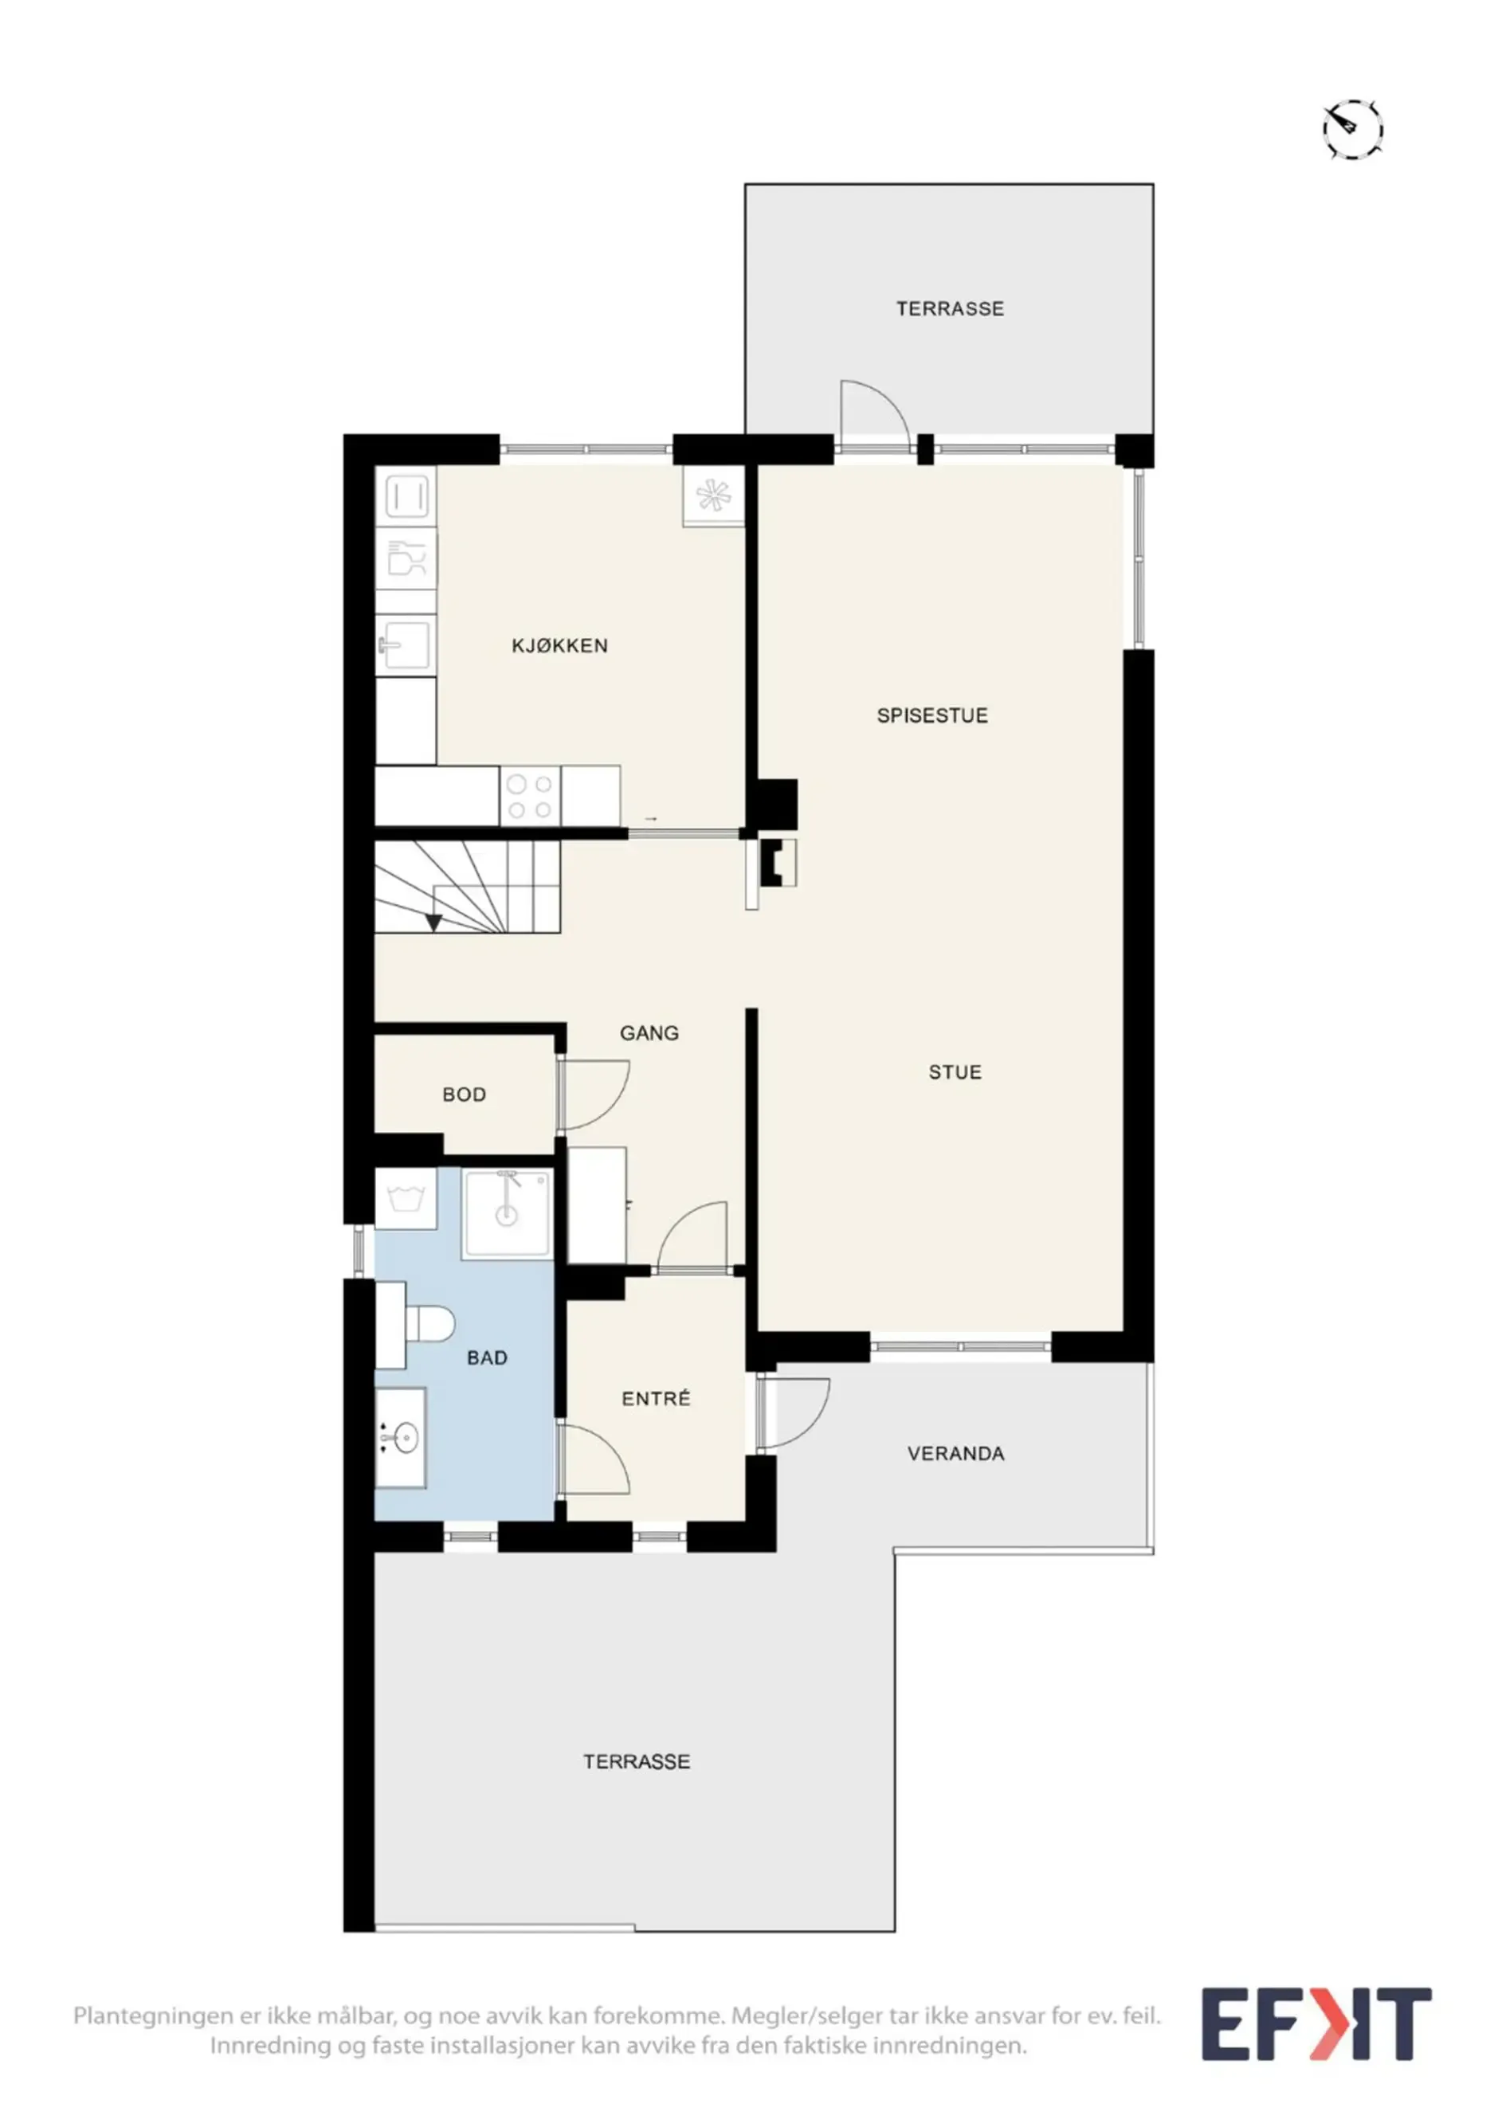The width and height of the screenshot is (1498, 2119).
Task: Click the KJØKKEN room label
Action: [559, 645]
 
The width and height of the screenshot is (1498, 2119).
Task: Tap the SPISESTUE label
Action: [932, 715]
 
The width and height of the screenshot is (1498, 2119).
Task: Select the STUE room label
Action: [955, 1071]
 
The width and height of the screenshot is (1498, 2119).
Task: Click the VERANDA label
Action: [956, 1454]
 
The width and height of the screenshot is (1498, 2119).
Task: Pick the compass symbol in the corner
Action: [1353, 128]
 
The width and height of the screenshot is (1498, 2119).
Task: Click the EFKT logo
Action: [1316, 2024]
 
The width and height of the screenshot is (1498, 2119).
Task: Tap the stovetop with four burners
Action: [531, 797]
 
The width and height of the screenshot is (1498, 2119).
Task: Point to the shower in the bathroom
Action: [507, 1212]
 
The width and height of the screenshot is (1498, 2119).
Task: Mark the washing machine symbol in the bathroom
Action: [406, 1199]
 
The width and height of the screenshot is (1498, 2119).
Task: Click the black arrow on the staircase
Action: [433, 920]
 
